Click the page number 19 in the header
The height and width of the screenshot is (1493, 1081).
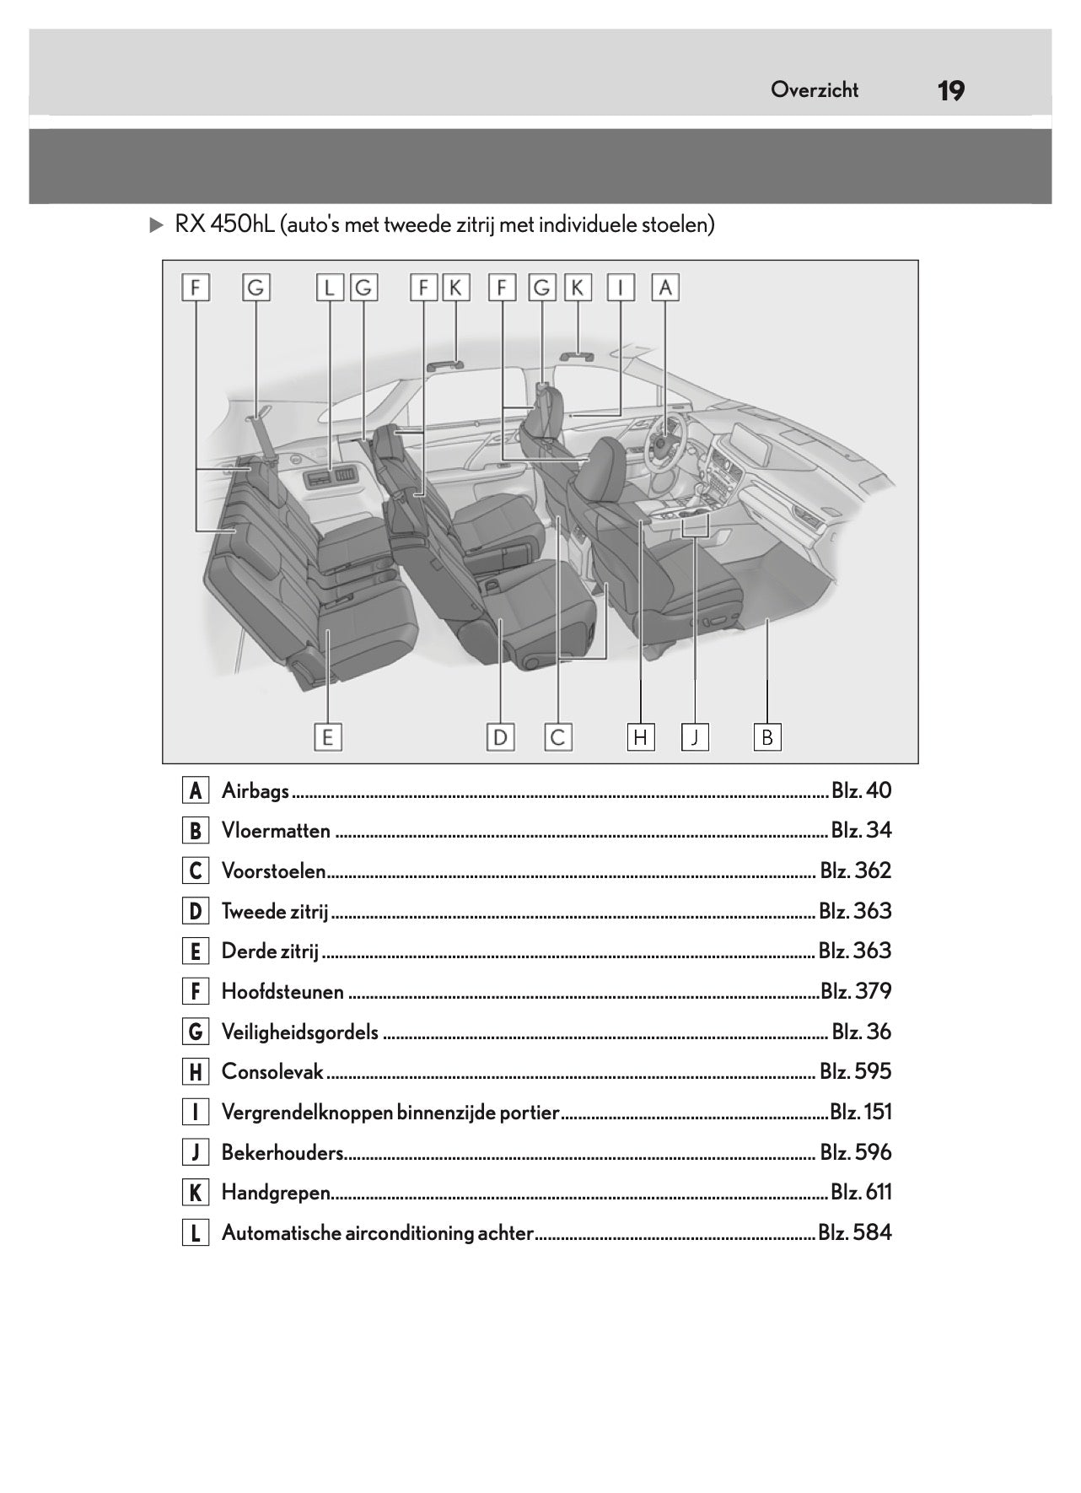pyautogui.click(x=950, y=90)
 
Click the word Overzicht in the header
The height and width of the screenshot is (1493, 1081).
pyautogui.click(x=814, y=90)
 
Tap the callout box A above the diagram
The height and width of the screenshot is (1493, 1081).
pyautogui.click(x=665, y=288)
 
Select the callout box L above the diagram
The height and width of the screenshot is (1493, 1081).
pyautogui.click(x=330, y=288)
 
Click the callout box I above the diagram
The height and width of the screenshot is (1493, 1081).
pyautogui.click(x=621, y=288)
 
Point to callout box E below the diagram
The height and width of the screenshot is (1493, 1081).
pyautogui.click(x=327, y=737)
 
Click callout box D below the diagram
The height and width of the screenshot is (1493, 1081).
pyautogui.click(x=500, y=737)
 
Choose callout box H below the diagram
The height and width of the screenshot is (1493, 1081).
pyautogui.click(x=641, y=737)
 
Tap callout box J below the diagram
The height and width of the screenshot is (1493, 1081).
pyautogui.click(x=695, y=737)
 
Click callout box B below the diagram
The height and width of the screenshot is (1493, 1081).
pyautogui.click(x=767, y=737)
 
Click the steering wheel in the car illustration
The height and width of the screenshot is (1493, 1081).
pyautogui.click(x=664, y=439)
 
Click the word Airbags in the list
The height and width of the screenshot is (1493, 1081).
pyautogui.click(x=255, y=791)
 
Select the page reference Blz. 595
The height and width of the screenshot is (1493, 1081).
pyautogui.click(x=855, y=1072)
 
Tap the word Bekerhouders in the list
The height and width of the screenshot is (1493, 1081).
pyautogui.click(x=282, y=1153)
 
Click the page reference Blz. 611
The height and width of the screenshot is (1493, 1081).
pyautogui.click(x=860, y=1193)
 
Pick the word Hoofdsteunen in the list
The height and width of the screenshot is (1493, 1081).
pyautogui.click(x=282, y=992)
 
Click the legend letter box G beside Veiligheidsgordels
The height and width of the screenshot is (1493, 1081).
pyautogui.click(x=195, y=1032)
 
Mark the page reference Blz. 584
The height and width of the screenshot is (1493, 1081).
pyautogui.click(x=854, y=1233)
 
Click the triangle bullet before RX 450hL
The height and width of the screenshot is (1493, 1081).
pyautogui.click(x=155, y=225)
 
